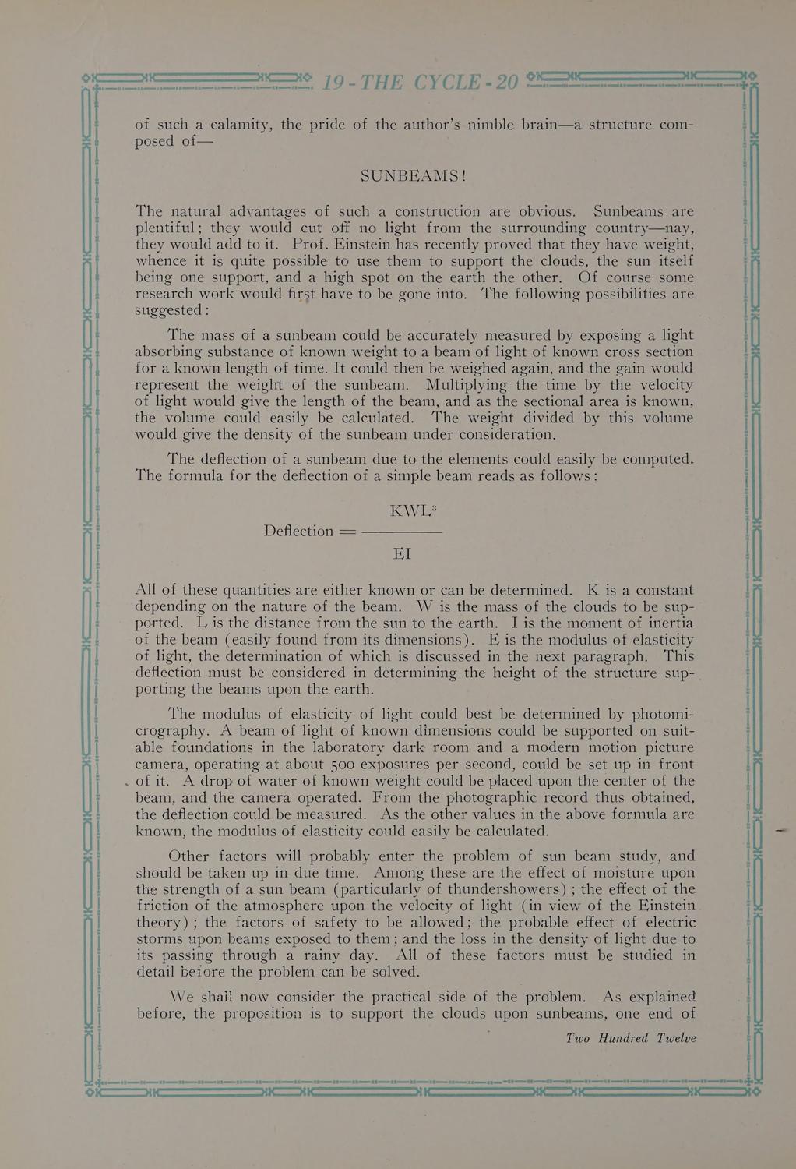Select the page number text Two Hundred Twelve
click(x=631, y=1038)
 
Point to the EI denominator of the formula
click(x=402, y=554)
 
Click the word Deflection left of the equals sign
click(x=298, y=531)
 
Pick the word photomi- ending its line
click(x=652, y=715)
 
